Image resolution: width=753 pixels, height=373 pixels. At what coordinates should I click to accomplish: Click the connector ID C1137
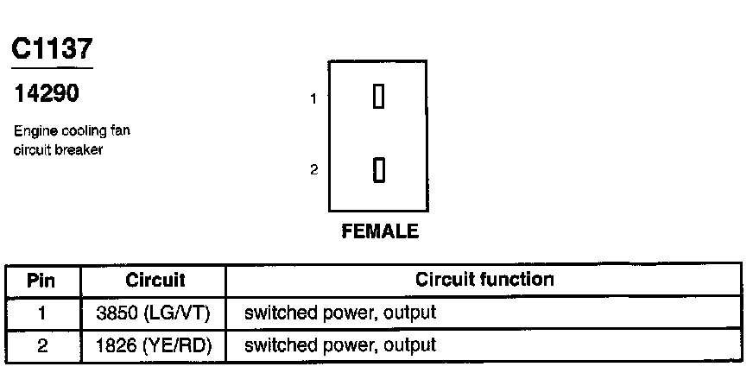click(52, 49)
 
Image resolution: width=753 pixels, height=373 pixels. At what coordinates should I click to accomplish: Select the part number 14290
click(46, 93)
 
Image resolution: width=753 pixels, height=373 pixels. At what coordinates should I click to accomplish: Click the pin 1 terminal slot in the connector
click(378, 96)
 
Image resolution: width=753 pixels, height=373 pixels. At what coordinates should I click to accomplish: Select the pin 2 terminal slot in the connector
click(378, 170)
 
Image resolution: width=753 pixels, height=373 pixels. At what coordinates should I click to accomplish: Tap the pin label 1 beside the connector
click(313, 99)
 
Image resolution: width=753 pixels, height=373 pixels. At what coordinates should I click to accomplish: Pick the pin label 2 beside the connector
click(313, 169)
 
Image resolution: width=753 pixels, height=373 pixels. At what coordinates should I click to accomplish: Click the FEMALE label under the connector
click(380, 231)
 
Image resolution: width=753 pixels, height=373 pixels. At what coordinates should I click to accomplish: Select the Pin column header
click(41, 281)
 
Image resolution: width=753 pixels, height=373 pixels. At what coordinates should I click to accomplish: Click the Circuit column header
click(155, 281)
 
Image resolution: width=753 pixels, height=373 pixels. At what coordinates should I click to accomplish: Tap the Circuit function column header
click(484, 280)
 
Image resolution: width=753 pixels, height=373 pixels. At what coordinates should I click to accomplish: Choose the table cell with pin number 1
click(42, 313)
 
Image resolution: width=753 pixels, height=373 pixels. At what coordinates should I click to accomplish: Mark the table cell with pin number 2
click(42, 345)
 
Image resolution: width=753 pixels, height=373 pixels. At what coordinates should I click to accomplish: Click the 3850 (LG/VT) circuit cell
click(153, 313)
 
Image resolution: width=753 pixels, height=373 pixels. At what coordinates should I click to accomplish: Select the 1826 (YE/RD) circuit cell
click(154, 345)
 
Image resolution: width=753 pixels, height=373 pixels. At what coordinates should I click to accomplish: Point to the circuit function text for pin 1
click(340, 313)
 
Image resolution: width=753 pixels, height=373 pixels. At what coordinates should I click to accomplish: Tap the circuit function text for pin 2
click(340, 345)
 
